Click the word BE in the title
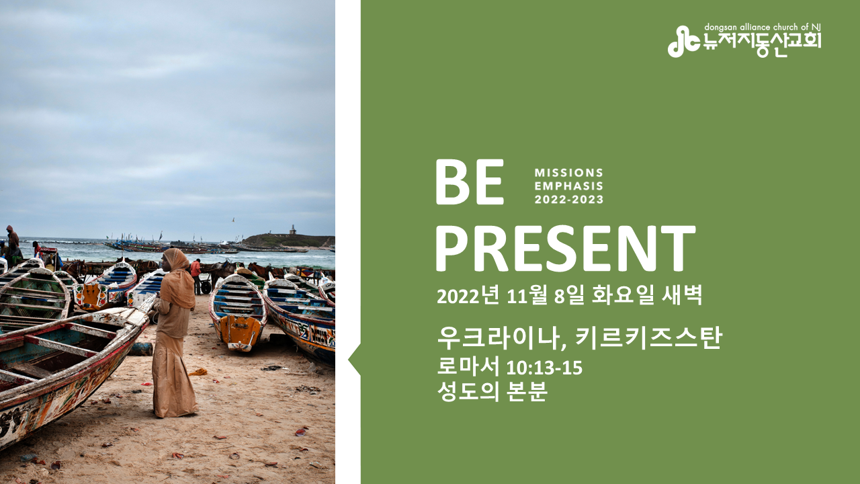(470, 182)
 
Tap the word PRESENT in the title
(566, 249)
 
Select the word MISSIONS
(568, 173)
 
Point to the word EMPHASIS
(568, 186)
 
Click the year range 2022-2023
(568, 200)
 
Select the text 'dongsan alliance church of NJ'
(762, 27)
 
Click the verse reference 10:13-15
(544, 368)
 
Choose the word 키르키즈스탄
(649, 338)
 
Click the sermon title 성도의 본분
(492, 391)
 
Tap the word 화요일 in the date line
(623, 296)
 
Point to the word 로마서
(468, 366)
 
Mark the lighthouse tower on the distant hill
(293, 229)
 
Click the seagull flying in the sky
(232, 220)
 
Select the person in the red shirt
(196, 276)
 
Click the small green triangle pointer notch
(355, 360)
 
